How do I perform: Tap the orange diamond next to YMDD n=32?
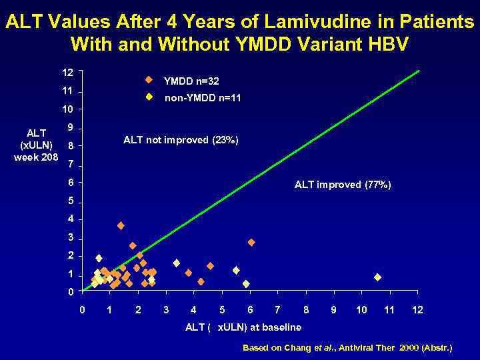(149, 80)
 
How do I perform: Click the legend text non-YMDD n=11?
(203, 98)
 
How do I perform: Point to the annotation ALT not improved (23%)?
(181, 140)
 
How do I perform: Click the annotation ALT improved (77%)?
(343, 185)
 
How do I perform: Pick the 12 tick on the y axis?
(68, 71)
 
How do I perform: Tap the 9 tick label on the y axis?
(69, 128)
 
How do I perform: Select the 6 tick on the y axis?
(69, 183)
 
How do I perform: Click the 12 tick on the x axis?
(418, 310)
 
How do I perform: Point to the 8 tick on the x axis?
(305, 310)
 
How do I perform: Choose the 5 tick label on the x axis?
(221, 310)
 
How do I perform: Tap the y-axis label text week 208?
(36, 157)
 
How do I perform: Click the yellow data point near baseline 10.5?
(377, 277)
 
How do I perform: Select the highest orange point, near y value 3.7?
(121, 226)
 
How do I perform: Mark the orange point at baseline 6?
(251, 242)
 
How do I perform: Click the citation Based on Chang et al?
(347, 348)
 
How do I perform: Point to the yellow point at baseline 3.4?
(177, 263)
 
